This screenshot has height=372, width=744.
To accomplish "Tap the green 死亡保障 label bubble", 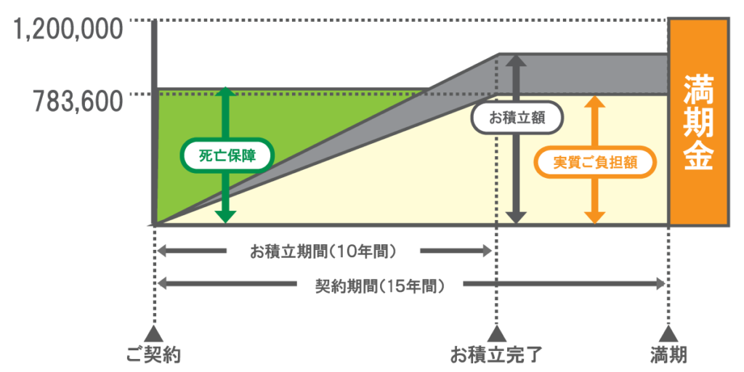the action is tap(227, 156).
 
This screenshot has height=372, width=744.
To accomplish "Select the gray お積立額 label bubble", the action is tap(517, 118).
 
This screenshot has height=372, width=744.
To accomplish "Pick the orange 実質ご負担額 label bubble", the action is tap(594, 162).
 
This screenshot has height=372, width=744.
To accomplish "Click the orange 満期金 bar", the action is tap(698, 122).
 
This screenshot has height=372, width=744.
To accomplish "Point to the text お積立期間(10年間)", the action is tap(323, 251).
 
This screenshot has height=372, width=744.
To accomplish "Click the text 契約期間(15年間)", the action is tap(380, 285).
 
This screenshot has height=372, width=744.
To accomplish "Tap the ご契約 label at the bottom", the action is tap(154, 355).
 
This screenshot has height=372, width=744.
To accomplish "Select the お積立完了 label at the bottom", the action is tap(496, 355).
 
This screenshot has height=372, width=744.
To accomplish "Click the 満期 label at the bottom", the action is tap(668, 355).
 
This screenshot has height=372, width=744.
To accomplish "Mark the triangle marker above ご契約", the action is tap(153, 331).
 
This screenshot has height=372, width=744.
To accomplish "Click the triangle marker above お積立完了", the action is tap(496, 331).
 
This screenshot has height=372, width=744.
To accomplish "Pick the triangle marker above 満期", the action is tap(668, 331).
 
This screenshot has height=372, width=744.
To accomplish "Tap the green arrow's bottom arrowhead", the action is tap(227, 217).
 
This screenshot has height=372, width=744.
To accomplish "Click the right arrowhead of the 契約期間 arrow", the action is tap(660, 285).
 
